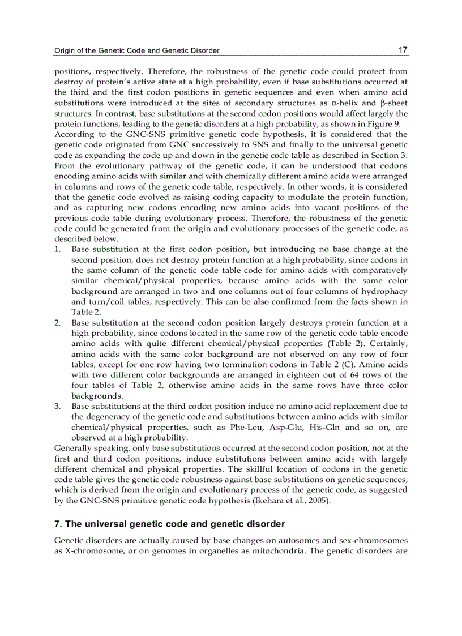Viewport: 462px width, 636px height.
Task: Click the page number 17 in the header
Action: [x=403, y=50]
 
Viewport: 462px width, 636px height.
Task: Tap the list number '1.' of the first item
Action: [x=58, y=249]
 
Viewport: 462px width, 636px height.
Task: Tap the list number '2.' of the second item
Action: [x=58, y=323]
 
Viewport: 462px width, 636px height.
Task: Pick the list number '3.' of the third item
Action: [x=58, y=407]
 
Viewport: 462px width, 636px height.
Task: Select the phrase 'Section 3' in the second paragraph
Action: [x=390, y=156]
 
